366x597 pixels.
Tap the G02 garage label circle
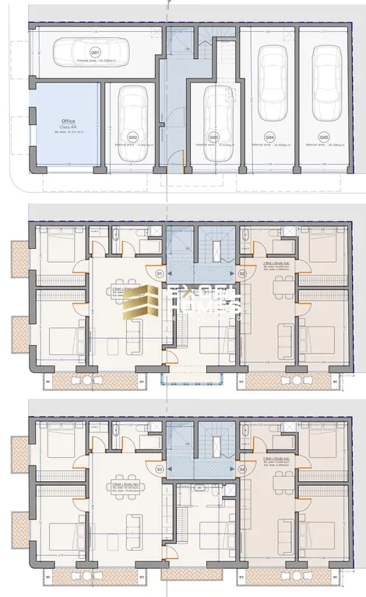coord(133,137)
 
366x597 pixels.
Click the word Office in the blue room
coord(69,122)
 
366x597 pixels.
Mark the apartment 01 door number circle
coord(159,274)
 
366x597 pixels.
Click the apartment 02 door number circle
coord(242,274)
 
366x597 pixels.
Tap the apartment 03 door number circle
coord(159,470)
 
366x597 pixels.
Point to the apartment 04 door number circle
coord(242,470)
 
